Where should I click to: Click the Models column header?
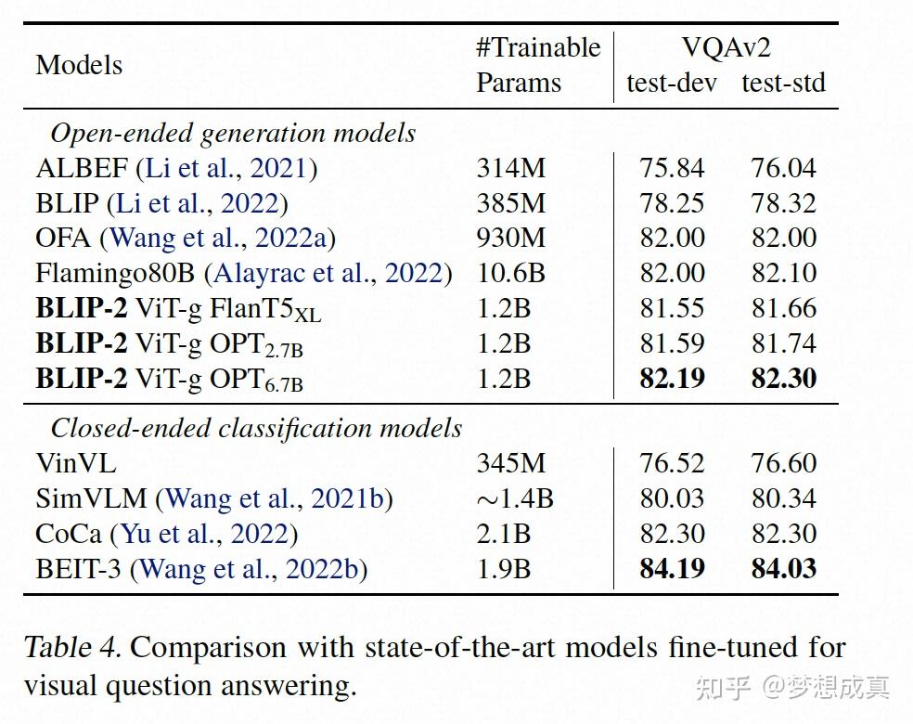click(79, 65)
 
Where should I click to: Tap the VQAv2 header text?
click(726, 48)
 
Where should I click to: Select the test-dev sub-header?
click(672, 83)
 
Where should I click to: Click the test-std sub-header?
click(783, 83)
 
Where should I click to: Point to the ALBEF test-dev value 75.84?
click(672, 168)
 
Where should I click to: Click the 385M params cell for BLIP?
click(511, 203)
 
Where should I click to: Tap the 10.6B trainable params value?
click(511, 273)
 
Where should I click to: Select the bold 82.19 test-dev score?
click(672, 378)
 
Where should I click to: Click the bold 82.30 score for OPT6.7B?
click(784, 378)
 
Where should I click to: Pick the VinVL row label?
click(76, 463)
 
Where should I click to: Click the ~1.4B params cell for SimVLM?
click(515, 498)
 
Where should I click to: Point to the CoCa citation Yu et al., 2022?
click(204, 534)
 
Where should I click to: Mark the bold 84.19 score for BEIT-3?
click(672, 568)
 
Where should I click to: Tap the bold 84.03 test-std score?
click(784, 568)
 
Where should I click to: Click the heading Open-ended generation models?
click(233, 133)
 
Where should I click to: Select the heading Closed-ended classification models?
click(256, 428)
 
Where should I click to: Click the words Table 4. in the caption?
click(72, 646)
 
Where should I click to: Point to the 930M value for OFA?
click(511, 238)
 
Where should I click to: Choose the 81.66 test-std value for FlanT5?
click(784, 308)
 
